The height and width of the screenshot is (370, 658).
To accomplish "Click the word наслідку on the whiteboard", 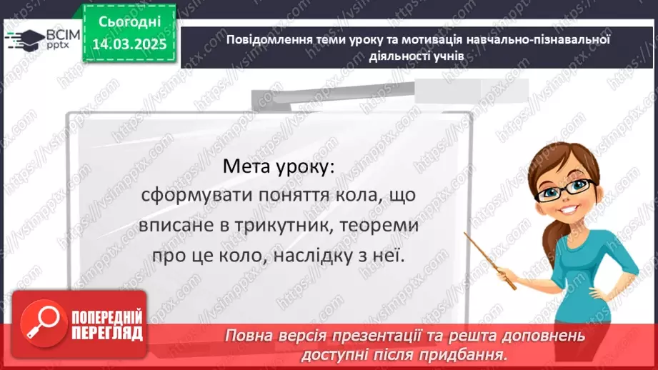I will tap(314, 255).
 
